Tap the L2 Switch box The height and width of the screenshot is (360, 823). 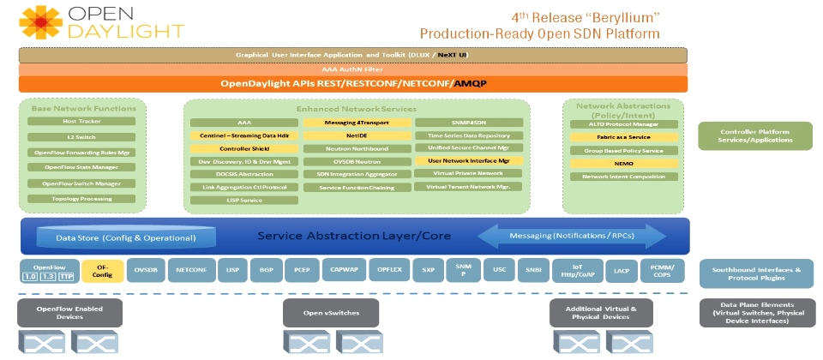tap(82, 137)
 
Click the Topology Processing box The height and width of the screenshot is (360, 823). tap(82, 199)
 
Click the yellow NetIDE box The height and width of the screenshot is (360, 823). tap(356, 135)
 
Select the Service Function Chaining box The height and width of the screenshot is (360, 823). tap(356, 187)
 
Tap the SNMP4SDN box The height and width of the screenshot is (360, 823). tap(468, 123)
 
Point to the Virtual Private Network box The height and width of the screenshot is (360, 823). tap(468, 173)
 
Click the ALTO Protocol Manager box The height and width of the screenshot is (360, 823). tap(618, 124)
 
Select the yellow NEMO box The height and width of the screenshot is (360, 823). tap(618, 163)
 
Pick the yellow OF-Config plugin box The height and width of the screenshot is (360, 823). tap(104, 271)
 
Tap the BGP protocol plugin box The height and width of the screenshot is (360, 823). tap(266, 270)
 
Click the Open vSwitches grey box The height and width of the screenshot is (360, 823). tap(331, 312)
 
